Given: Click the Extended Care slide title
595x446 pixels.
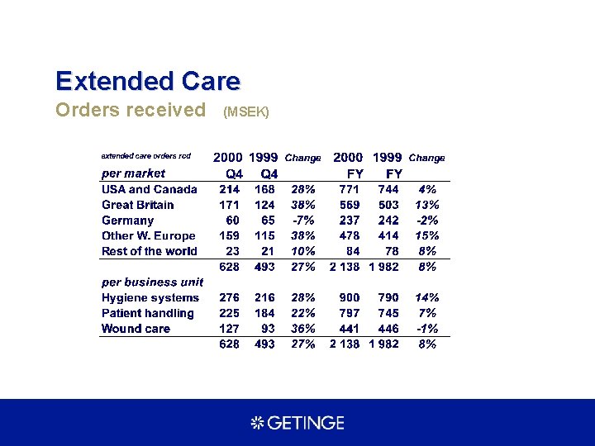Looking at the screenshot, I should click(148, 81).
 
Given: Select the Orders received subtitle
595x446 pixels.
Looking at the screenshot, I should click(131, 110).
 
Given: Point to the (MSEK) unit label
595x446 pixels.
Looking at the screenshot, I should click(246, 111).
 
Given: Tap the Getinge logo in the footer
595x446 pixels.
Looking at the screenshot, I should click(297, 423).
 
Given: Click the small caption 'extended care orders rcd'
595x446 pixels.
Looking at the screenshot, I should click(145, 156).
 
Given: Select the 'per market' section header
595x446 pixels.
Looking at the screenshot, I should click(133, 173).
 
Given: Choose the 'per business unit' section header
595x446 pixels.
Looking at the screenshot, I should click(152, 282).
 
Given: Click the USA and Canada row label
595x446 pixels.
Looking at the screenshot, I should click(150, 189).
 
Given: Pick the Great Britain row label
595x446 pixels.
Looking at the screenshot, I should click(138, 205).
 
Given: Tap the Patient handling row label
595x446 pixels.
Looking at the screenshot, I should click(148, 313).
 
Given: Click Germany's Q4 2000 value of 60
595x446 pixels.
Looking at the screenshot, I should click(233, 221).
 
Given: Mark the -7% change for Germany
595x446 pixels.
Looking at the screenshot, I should click(302, 221).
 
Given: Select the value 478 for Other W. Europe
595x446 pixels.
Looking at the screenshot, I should click(349, 236).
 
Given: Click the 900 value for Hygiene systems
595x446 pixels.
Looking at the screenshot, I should click(349, 297).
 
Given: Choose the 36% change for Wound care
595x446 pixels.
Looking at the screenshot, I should click(302, 329).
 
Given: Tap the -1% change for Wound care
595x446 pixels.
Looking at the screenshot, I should click(427, 329).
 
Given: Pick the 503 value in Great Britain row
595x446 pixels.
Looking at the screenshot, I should click(388, 205).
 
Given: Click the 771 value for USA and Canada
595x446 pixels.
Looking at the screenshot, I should click(349, 189).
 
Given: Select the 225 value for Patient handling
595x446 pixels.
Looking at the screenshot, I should click(229, 313).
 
